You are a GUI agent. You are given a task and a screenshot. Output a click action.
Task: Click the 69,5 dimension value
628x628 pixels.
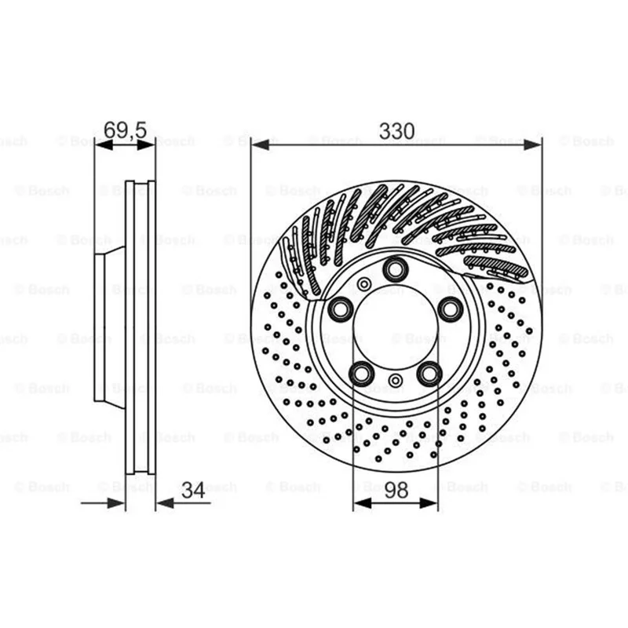pos(126,130)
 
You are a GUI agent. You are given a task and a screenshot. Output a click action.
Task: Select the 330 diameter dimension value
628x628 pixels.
pos(396,131)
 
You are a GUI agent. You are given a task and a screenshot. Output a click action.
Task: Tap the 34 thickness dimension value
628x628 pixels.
pos(193,490)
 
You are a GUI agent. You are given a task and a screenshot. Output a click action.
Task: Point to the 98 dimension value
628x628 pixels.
pos(396,490)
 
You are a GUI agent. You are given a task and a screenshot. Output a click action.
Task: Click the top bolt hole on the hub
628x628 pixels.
pos(396,269)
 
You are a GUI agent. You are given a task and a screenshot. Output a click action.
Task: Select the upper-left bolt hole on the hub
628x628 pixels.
pos(341,309)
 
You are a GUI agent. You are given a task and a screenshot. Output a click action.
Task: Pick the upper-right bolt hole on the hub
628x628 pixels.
pos(450,309)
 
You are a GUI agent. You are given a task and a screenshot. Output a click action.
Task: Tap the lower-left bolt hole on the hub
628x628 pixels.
pos(362,374)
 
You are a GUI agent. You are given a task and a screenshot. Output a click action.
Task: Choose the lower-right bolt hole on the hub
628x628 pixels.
pos(429,374)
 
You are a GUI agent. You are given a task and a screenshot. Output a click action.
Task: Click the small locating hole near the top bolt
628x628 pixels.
pos(364,284)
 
